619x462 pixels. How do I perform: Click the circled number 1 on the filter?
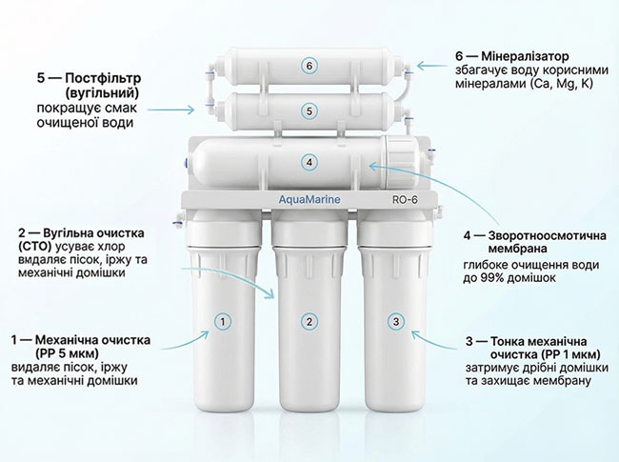[223, 322]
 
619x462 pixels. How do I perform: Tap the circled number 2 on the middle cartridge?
[309, 322]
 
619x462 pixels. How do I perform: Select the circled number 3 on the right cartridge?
[396, 321]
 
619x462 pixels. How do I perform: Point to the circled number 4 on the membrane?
[309, 162]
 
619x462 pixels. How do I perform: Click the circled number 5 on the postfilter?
[309, 111]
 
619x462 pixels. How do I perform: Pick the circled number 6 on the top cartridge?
[309, 66]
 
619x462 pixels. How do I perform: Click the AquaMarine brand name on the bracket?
[309, 200]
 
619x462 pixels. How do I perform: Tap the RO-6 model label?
[405, 200]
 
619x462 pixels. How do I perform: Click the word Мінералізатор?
[526, 56]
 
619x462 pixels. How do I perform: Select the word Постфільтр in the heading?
[103, 78]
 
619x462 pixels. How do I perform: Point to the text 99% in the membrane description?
[490, 277]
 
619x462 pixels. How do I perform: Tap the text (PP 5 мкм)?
[67, 352]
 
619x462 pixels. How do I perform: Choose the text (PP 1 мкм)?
[571, 354]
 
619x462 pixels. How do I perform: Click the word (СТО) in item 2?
[35, 247]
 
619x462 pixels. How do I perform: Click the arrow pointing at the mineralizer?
[434, 66]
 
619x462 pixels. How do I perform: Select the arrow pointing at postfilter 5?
[171, 110]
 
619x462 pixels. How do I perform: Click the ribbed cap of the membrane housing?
[400, 163]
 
